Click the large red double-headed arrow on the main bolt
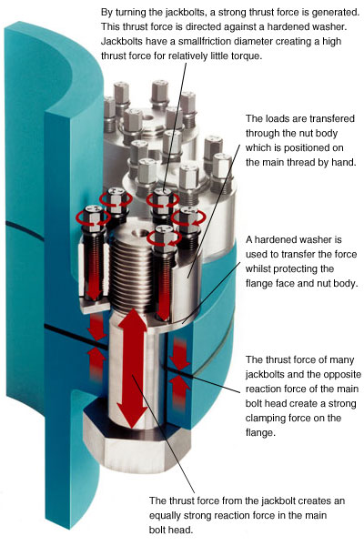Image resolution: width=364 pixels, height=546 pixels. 132,369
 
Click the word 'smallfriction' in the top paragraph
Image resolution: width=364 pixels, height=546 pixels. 204,42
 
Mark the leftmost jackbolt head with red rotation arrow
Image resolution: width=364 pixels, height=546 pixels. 94,215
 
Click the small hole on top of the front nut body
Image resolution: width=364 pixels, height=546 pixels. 140,233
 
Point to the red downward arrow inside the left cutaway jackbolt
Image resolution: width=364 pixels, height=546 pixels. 94,271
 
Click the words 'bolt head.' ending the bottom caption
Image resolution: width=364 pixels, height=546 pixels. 171,531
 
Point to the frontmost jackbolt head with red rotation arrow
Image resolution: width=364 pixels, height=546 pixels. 164,237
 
